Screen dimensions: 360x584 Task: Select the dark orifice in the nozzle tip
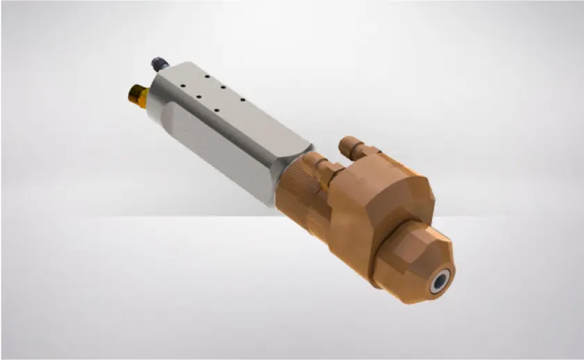[439, 284]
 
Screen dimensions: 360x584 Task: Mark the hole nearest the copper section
[242, 100]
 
